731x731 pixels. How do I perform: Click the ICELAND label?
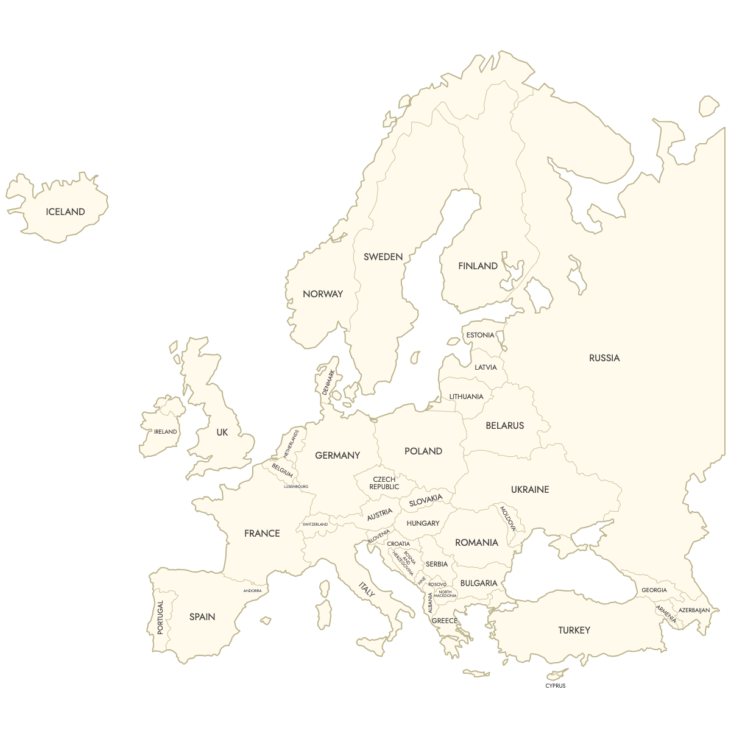[x=65, y=212]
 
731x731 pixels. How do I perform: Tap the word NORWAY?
[x=323, y=294]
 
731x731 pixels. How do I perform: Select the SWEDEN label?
[x=383, y=257]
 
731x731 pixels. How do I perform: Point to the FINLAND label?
[x=478, y=266]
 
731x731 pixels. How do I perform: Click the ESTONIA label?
[x=480, y=335]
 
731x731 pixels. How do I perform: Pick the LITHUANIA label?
[x=466, y=397]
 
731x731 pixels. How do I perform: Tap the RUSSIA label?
[x=604, y=358]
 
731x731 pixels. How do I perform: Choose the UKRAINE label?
[x=530, y=490]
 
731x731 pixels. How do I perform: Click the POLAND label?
[x=423, y=451]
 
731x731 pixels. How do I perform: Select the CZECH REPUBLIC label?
[x=384, y=483]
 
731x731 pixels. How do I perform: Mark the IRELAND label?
[x=165, y=432]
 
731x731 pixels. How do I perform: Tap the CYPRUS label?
[x=556, y=686]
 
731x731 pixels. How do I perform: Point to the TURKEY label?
[x=574, y=630]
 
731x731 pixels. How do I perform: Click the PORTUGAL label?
[x=161, y=618]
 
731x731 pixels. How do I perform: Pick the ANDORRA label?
[x=252, y=591]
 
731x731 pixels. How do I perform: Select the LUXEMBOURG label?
[x=296, y=487]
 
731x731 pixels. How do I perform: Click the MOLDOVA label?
[x=507, y=518]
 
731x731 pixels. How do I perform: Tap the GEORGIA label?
[x=654, y=590]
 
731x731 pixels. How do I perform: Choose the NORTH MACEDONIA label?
[x=445, y=594]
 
